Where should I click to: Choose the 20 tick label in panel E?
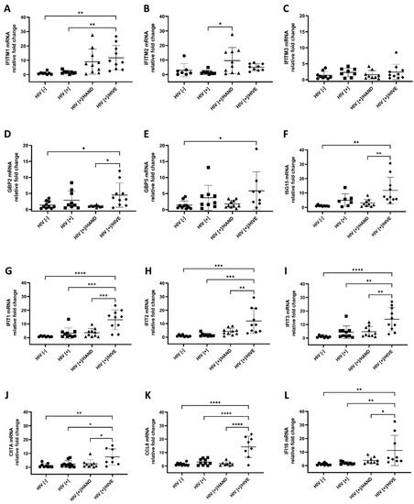[168, 147]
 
